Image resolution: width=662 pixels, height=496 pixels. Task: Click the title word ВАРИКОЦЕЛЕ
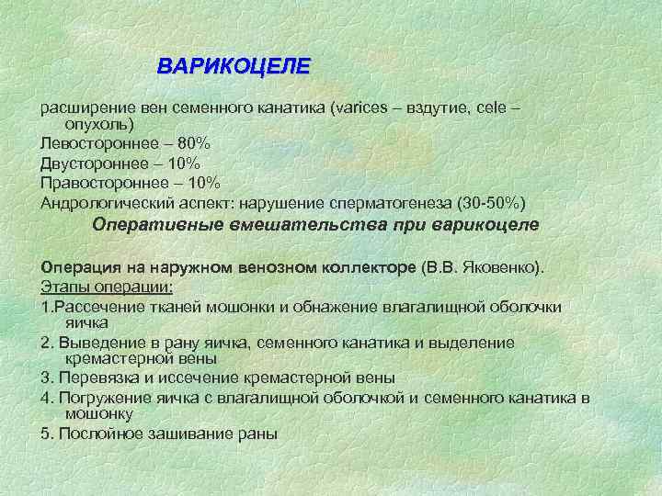pyautogui.click(x=234, y=68)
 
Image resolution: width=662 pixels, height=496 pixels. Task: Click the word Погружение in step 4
pyautogui.click(x=101, y=397)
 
